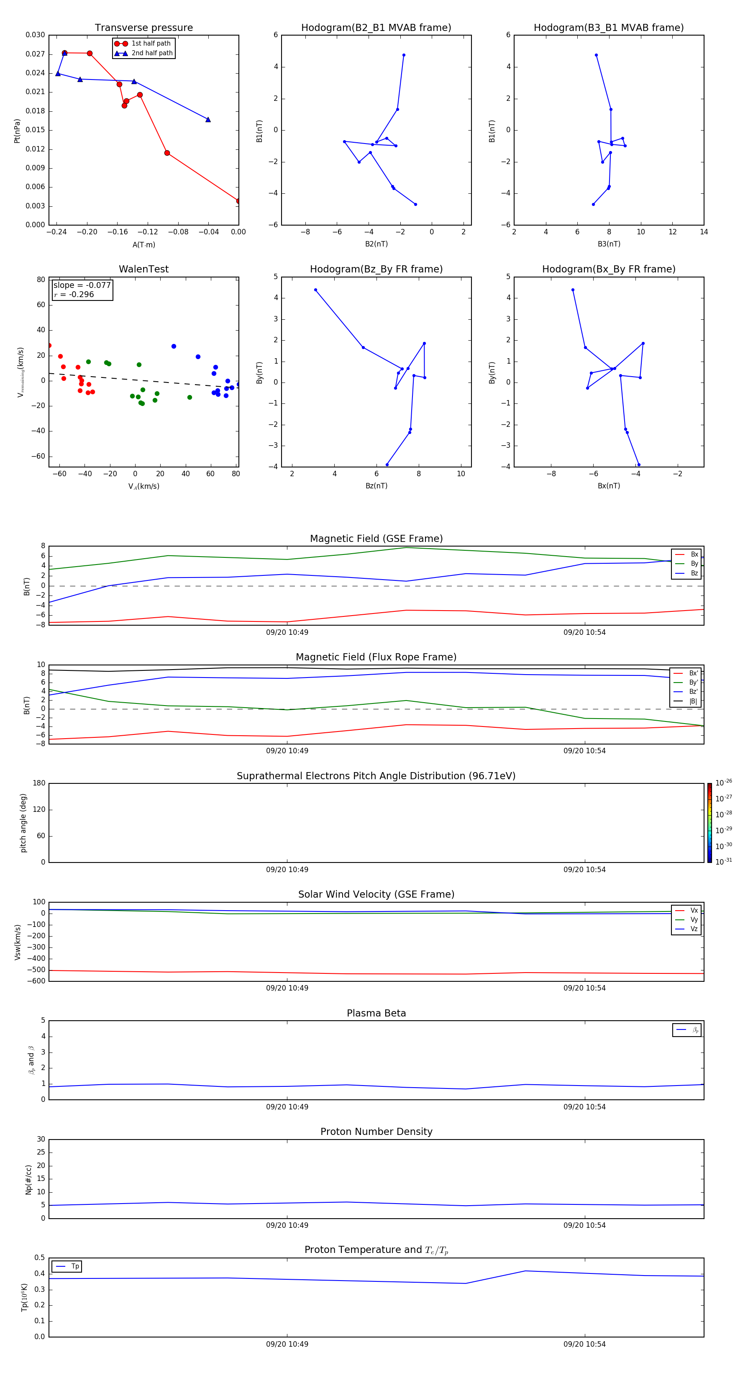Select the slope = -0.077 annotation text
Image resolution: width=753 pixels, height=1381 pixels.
point(82,285)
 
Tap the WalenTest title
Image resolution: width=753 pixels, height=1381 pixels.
point(143,269)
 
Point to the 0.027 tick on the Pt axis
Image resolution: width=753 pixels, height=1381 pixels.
point(36,54)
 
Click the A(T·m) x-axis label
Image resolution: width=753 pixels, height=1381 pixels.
point(143,245)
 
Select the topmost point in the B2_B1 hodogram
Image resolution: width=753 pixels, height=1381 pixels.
point(404,55)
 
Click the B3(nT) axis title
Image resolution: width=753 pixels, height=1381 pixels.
point(609,244)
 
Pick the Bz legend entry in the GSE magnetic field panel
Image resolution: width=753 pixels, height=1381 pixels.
point(694,573)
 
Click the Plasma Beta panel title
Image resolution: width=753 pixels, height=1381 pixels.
point(376,1013)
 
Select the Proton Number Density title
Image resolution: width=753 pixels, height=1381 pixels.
point(376,1132)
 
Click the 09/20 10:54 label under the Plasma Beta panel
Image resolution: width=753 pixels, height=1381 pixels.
point(584,1107)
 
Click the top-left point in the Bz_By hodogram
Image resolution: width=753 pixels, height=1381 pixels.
point(315,290)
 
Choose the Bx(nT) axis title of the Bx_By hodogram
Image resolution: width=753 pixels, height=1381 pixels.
point(609,486)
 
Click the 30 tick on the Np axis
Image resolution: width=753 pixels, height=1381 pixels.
point(41,1139)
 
